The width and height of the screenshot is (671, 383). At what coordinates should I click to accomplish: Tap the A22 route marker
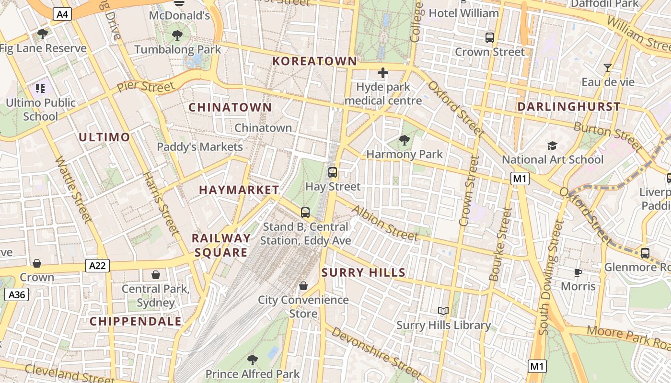[x=97, y=266]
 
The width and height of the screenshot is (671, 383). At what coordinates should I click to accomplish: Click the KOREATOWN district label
[x=315, y=61]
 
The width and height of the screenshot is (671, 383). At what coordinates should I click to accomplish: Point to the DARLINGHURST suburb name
[x=569, y=107]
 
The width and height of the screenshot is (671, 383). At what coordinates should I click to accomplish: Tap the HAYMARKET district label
[x=239, y=190]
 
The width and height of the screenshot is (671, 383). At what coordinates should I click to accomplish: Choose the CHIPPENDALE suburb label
[x=136, y=321]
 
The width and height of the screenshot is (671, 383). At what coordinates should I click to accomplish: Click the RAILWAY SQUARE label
[x=221, y=245]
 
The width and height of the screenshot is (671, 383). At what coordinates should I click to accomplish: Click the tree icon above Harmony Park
[x=405, y=140]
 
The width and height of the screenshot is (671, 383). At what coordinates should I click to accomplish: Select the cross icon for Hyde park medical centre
[x=382, y=73]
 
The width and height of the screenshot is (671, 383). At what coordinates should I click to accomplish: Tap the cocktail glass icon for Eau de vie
[x=608, y=68]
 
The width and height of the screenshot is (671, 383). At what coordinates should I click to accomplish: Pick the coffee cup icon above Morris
[x=578, y=272]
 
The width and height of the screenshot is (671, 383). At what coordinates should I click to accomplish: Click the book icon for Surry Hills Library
[x=443, y=311]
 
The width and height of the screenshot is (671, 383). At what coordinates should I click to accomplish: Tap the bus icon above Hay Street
[x=333, y=172]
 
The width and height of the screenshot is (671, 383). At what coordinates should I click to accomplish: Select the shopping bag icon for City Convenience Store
[x=303, y=286]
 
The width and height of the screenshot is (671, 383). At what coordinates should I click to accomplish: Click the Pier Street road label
[x=146, y=87]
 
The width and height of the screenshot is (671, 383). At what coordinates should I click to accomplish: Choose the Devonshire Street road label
[x=376, y=352]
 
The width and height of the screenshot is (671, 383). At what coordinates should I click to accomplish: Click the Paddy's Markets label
[x=200, y=147]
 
